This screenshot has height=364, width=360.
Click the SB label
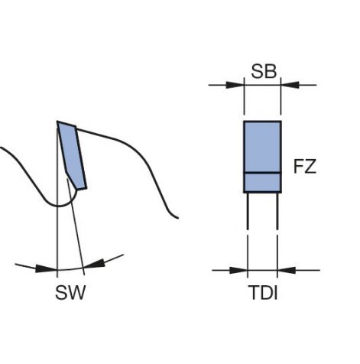pos(264,71)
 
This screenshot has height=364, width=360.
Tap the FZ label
pos(305,167)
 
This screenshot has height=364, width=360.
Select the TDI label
pos(263,293)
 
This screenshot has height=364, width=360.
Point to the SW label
pos(70,293)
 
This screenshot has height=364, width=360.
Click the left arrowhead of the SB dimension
pos(235,85)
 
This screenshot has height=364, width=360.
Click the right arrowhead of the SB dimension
pos(290,85)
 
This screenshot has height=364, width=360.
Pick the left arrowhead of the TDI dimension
pos(238,270)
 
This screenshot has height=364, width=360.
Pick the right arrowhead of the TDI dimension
pos(287,270)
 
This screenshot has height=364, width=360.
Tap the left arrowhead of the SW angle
pos(45,268)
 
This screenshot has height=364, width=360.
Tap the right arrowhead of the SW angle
pos(95,264)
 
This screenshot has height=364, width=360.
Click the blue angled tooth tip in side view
pos(72,155)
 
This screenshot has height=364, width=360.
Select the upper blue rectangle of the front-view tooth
pos(263,147)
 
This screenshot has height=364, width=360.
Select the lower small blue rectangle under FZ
pos(263,183)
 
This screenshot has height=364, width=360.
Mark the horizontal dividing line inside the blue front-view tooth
pos(263,173)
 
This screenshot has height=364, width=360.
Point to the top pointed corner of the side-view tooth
pos(57,122)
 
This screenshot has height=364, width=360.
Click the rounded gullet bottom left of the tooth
pos(59,205)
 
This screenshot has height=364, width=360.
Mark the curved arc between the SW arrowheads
pos(70,269)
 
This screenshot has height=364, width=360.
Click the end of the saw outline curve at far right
pos(178,218)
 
